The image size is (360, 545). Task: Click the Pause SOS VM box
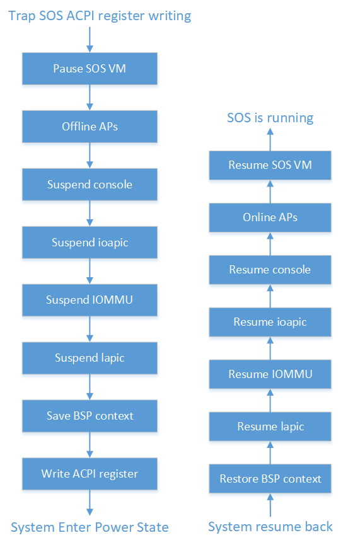(90, 69)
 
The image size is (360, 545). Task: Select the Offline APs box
(90, 127)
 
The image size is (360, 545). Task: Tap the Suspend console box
(90, 184)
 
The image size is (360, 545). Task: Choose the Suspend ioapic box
(90, 243)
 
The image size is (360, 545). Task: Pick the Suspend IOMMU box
(90, 300)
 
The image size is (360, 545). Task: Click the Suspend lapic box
(90, 358)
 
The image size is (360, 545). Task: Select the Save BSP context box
(90, 416)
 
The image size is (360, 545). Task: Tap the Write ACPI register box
(90, 474)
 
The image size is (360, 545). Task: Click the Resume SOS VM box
(270, 165)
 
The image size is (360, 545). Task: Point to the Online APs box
(270, 217)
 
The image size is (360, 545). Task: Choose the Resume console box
(270, 270)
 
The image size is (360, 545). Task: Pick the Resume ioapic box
(270, 322)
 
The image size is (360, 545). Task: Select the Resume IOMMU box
(270, 374)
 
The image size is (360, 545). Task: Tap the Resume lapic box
(270, 427)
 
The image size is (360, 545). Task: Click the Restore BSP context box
(270, 479)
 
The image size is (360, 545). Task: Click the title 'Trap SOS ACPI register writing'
(100, 16)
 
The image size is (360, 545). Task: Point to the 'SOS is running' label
(270, 118)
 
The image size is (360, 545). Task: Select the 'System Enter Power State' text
(90, 527)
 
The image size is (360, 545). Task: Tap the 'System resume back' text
(270, 527)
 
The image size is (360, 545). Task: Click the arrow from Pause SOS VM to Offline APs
(90, 98)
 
